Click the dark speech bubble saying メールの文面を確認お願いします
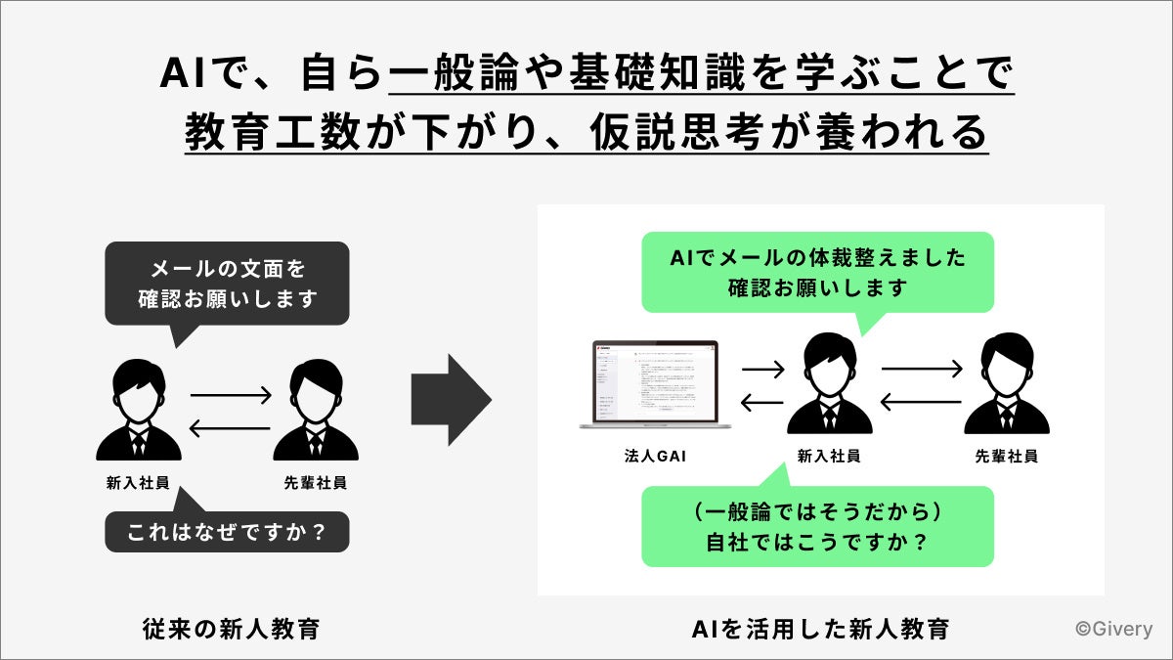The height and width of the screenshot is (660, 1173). click(x=227, y=284)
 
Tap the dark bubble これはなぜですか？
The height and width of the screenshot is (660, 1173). click(x=227, y=533)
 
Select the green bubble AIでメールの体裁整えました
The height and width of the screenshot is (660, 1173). click(x=817, y=273)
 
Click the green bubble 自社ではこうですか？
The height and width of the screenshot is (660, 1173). click(x=817, y=526)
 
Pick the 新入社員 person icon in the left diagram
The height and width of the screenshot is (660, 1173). click(x=138, y=411)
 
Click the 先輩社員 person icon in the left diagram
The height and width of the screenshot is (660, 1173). click(x=315, y=411)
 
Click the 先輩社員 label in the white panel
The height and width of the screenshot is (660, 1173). click(x=1006, y=457)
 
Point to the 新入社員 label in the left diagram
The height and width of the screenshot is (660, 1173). click(x=138, y=483)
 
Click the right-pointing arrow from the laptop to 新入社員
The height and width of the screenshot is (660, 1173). click(x=762, y=371)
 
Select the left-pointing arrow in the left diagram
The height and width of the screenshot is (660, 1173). click(x=229, y=427)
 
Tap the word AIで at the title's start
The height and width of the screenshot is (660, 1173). click(x=205, y=74)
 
